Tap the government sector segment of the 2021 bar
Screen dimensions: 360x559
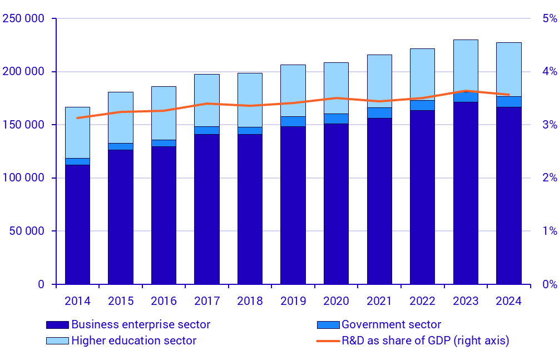click(x=379, y=113)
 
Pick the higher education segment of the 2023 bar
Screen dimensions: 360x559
click(x=465, y=64)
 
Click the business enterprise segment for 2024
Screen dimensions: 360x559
click(x=508, y=195)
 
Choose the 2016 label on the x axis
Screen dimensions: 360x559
click(x=164, y=301)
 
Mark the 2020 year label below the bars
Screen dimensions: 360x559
click(x=336, y=301)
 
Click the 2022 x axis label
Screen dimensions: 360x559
click(x=422, y=301)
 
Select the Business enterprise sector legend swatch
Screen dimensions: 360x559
click(x=57, y=324)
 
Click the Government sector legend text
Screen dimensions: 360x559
click(x=391, y=324)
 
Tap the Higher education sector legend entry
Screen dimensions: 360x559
click(x=133, y=341)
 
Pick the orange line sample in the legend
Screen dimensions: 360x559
click(x=328, y=341)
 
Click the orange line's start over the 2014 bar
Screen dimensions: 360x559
click(x=77, y=118)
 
